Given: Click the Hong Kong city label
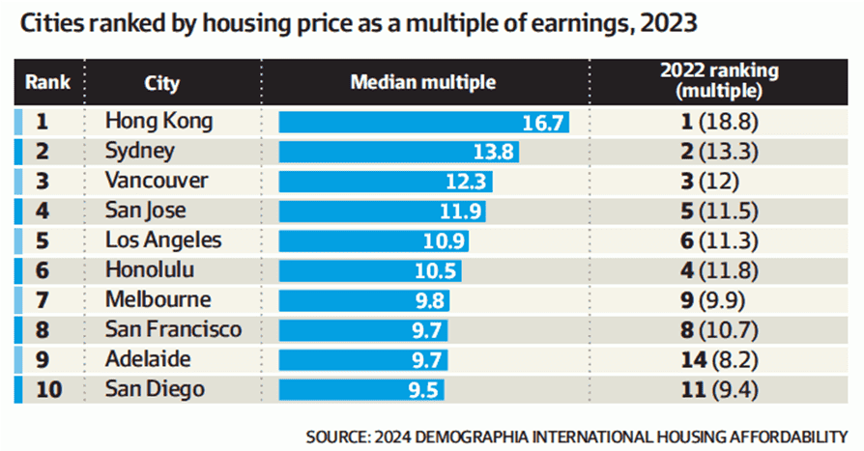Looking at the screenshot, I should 158,123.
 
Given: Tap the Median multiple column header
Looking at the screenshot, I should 422,83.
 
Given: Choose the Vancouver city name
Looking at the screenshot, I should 156,182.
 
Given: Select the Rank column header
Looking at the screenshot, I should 48,83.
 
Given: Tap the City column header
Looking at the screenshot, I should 161,83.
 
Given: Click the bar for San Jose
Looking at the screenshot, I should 382,211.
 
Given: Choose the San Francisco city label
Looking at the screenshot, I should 173,330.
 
